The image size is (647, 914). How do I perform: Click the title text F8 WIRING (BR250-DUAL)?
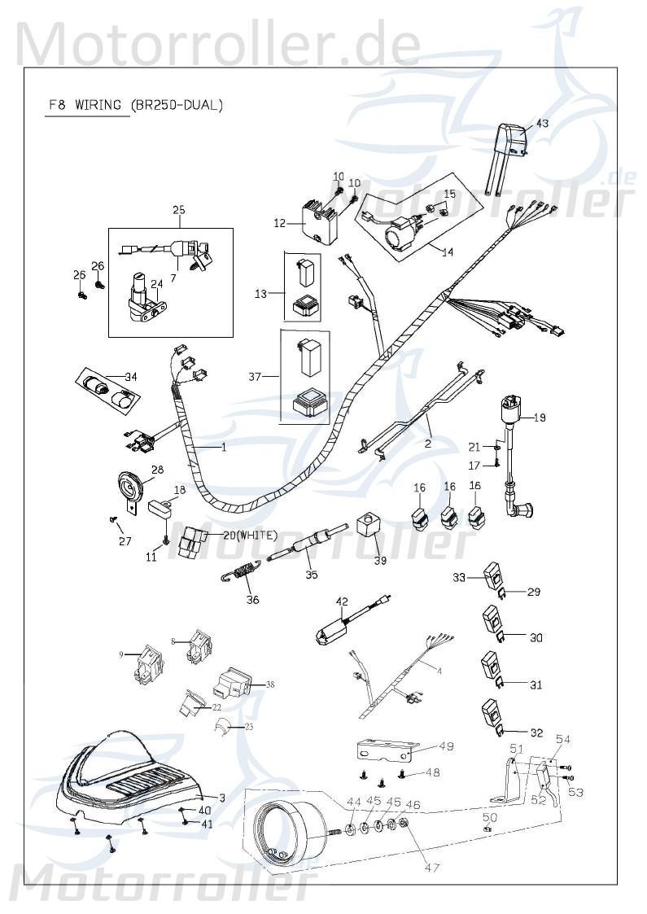click(x=134, y=105)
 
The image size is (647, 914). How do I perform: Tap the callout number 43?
click(x=542, y=124)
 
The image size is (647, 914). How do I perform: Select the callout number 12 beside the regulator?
click(x=279, y=222)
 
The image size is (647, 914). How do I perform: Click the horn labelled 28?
click(x=128, y=491)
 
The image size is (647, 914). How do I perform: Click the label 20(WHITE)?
click(x=248, y=535)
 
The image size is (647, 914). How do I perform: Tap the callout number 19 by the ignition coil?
click(x=540, y=418)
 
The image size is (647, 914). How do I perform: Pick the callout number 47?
click(x=432, y=868)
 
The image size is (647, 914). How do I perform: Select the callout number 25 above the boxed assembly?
click(x=179, y=210)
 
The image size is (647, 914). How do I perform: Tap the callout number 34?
click(x=130, y=376)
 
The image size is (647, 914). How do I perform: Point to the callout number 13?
click(x=260, y=292)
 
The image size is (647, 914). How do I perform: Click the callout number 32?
click(x=536, y=733)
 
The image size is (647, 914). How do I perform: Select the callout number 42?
click(x=342, y=602)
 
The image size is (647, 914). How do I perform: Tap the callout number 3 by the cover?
click(x=221, y=797)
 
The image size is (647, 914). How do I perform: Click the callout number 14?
click(x=447, y=252)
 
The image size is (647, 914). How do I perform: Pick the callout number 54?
click(x=563, y=739)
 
